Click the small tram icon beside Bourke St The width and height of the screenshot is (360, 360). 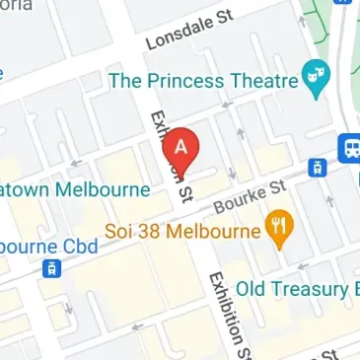pyautogui.click(x=318, y=167)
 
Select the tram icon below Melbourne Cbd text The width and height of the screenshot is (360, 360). pyautogui.click(x=51, y=268)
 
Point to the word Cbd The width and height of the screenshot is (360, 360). pyautogui.click(x=81, y=244)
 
